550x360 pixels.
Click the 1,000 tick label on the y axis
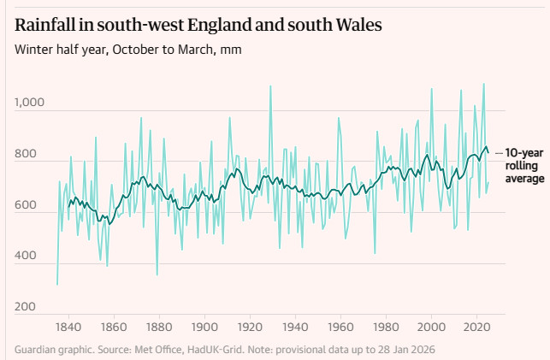(31, 103)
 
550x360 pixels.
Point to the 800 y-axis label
(26, 155)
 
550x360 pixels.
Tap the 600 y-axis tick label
(26, 206)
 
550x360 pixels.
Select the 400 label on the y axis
(26, 257)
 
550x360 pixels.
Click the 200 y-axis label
(26, 307)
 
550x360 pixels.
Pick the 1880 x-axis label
(158, 327)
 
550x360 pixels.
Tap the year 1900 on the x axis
(204, 327)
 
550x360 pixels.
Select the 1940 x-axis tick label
(295, 327)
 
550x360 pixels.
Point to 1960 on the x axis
(340, 327)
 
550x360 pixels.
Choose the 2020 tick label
(477, 327)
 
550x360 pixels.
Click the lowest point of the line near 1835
(57, 284)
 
